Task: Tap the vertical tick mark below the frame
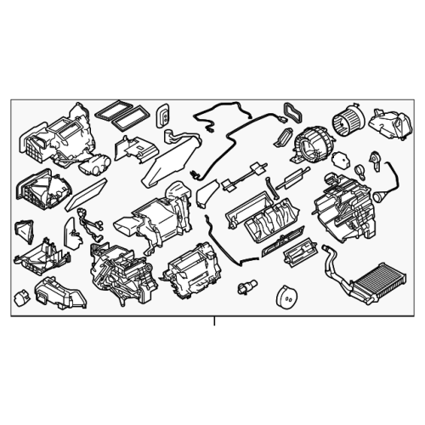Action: click(x=214, y=322)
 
